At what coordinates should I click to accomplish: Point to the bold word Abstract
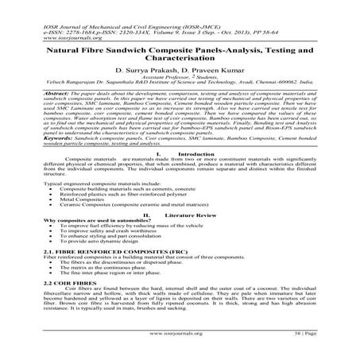click(38, 93)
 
